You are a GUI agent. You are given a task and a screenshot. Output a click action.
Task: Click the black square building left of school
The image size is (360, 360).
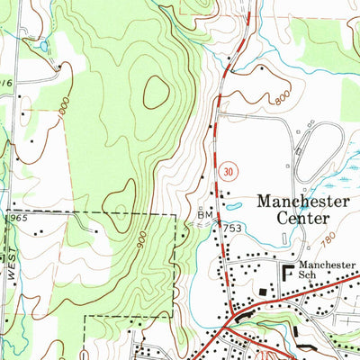click(262, 292)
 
